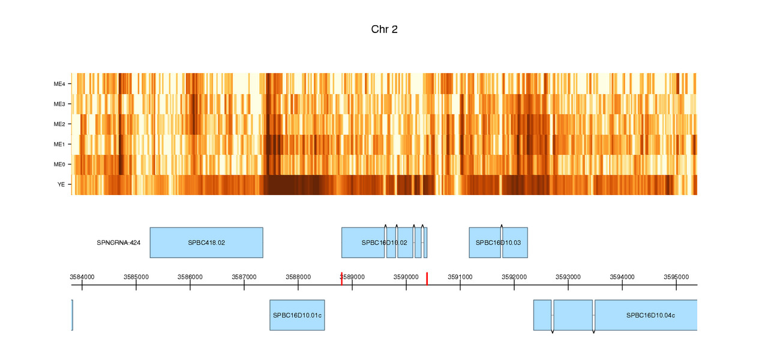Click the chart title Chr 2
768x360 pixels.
tap(384, 29)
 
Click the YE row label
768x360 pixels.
tap(61, 185)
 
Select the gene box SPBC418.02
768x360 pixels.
tap(206, 242)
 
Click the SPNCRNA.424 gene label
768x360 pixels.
tap(118, 243)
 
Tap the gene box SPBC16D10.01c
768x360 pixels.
tap(297, 315)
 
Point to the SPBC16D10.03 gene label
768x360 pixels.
tap(498, 243)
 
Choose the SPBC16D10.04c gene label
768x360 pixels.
tap(650, 316)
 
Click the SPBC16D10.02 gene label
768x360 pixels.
tap(384, 243)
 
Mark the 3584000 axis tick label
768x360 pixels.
tap(82, 277)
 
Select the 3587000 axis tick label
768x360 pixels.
tap(244, 277)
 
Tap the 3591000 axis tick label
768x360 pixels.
tap(460, 277)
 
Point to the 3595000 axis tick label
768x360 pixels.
tap(676, 277)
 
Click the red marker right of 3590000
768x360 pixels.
tap(427, 278)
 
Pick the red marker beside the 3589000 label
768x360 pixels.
tap(341, 278)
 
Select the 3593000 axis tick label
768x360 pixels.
tap(568, 277)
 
